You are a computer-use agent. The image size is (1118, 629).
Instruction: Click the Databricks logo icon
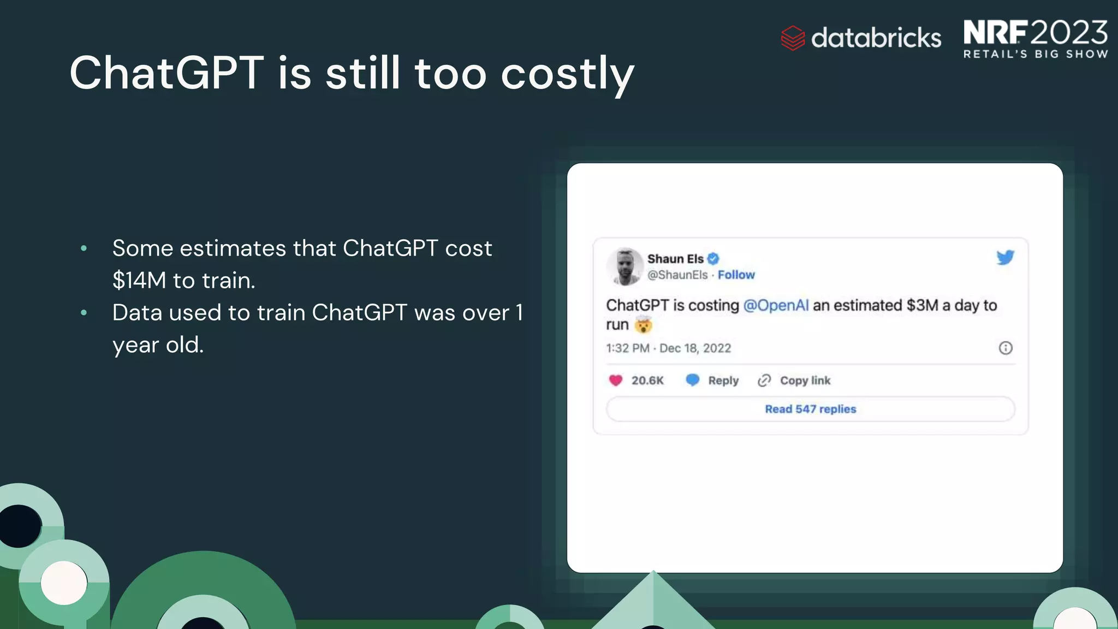click(793, 38)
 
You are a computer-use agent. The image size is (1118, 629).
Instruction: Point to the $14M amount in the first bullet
click(139, 281)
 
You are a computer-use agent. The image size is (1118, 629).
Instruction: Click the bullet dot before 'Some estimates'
click(84, 248)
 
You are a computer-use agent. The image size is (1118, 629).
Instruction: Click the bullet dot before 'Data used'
click(84, 313)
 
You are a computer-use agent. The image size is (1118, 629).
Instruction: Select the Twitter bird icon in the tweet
click(1005, 257)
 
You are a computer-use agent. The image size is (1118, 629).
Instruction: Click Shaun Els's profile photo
click(625, 266)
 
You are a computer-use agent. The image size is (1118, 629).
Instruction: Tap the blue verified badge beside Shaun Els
click(713, 259)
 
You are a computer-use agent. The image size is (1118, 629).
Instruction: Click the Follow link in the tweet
click(736, 275)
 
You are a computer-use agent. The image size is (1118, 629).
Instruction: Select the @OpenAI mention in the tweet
click(776, 305)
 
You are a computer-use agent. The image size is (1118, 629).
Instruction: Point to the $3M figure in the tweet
click(922, 305)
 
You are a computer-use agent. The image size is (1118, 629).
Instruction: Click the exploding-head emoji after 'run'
click(644, 325)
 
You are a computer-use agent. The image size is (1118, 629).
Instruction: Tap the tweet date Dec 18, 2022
click(695, 348)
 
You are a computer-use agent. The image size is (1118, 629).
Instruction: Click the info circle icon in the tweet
click(1005, 348)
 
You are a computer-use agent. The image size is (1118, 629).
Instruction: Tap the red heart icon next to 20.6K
click(616, 381)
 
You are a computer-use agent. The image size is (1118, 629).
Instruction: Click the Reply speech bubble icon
click(692, 380)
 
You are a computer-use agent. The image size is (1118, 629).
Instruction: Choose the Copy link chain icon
click(764, 381)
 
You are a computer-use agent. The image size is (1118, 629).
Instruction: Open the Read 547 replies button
click(810, 410)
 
